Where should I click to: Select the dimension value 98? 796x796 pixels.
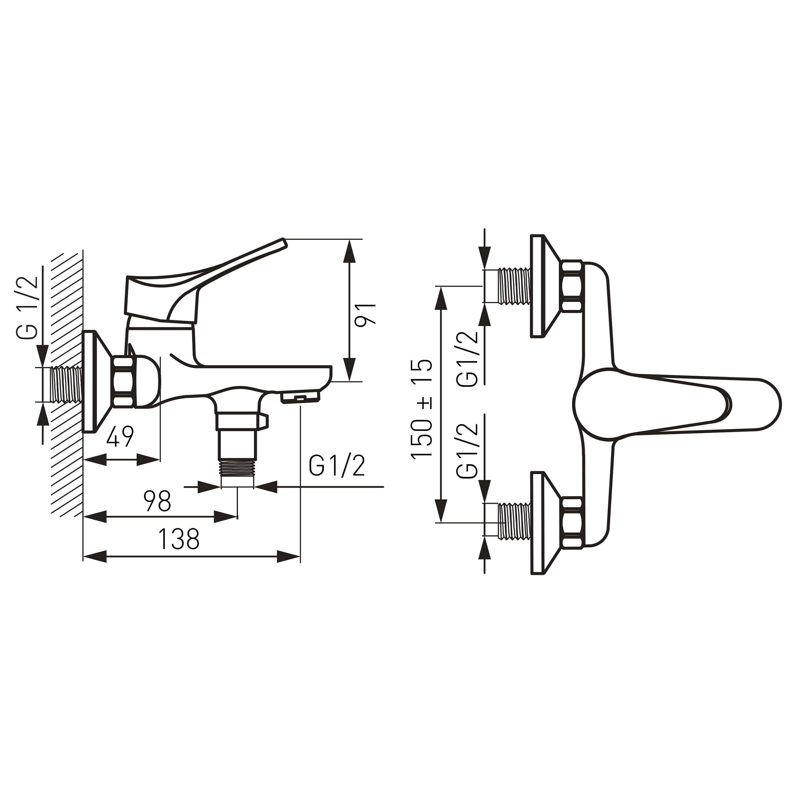pos(157,501)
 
